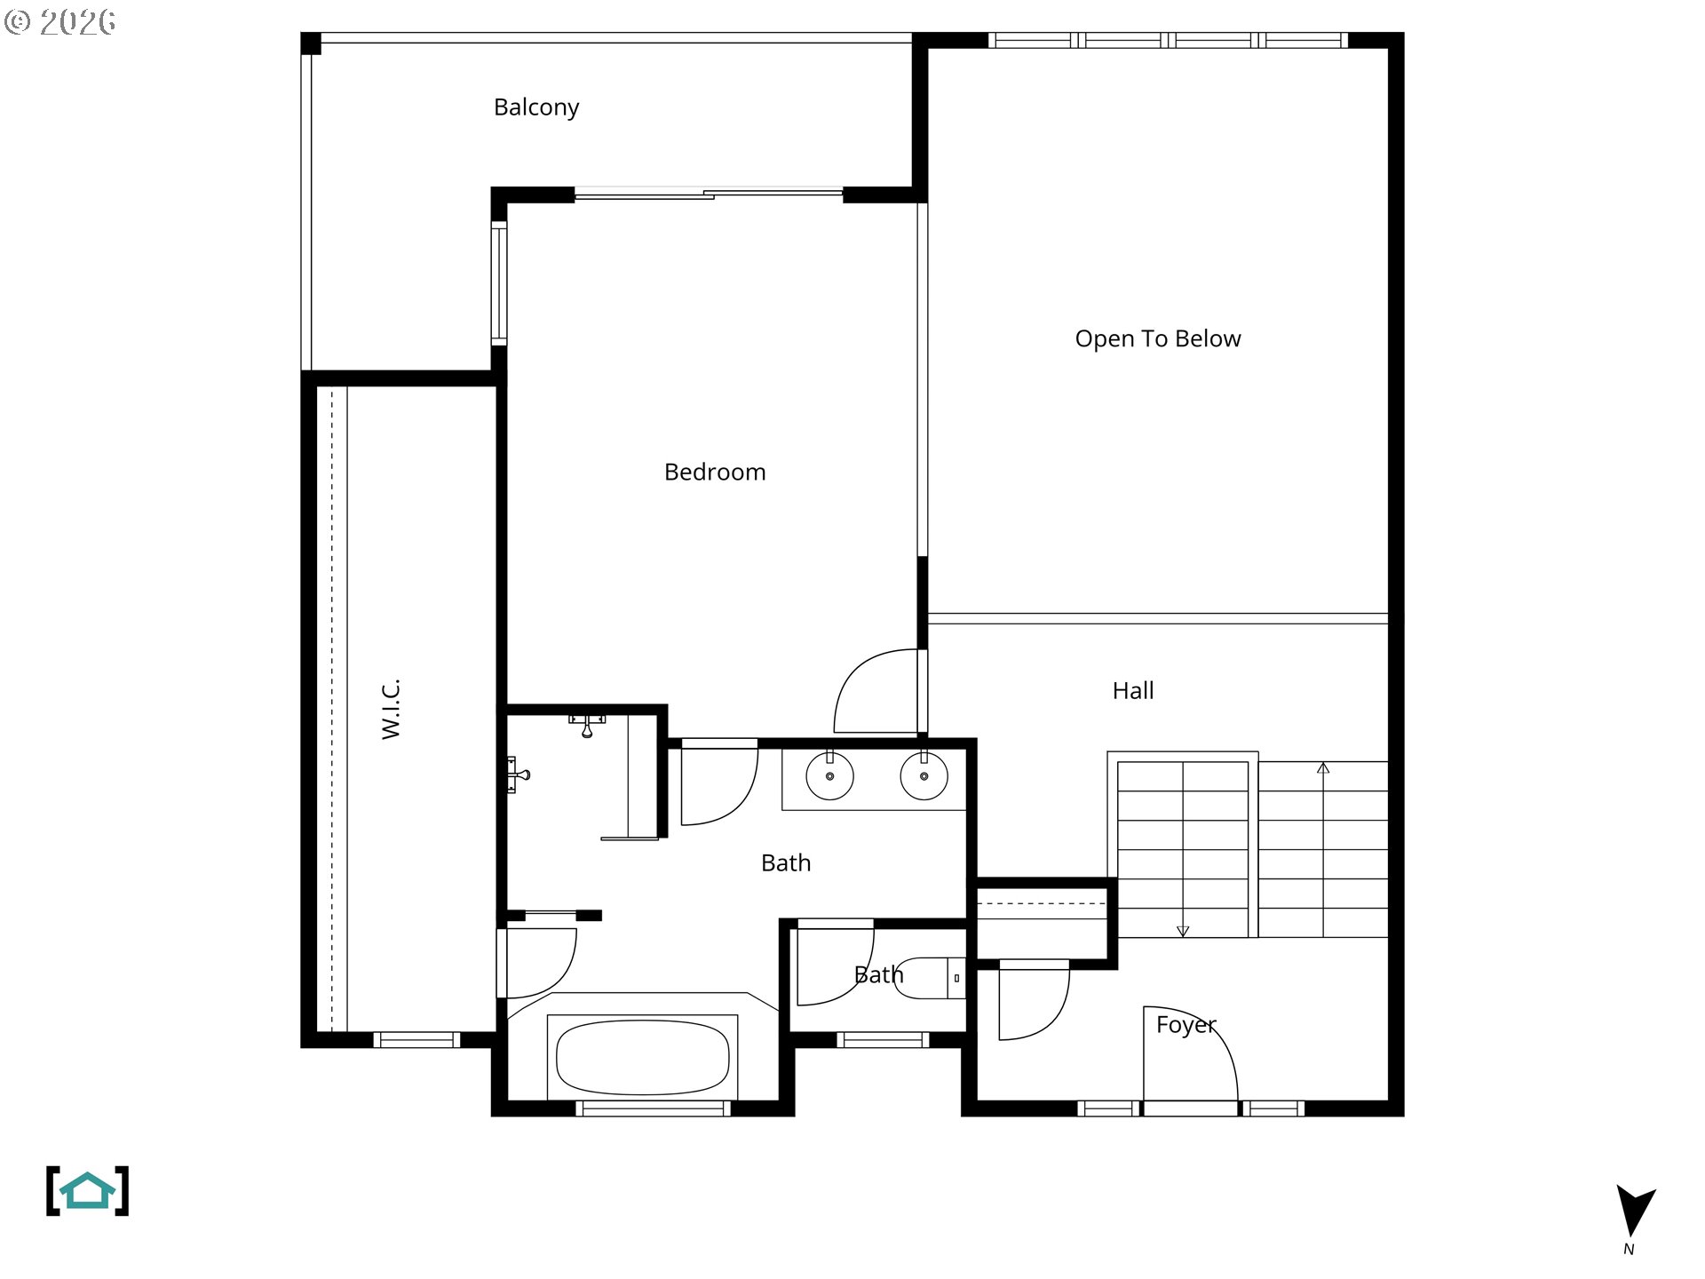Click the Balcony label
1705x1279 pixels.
point(536,107)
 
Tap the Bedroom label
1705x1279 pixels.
point(715,472)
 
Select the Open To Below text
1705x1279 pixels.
point(1157,338)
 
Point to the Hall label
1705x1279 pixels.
point(1133,690)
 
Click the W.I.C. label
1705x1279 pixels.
point(392,709)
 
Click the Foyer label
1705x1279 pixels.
point(1186,1024)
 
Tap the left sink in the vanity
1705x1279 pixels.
point(829,776)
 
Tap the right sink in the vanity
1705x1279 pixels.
point(924,776)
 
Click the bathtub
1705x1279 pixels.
point(642,1057)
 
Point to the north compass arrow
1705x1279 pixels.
point(1634,1211)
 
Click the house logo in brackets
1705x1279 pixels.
point(87,1191)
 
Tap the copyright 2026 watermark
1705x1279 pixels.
point(60,21)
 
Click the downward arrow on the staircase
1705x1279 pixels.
point(1183,931)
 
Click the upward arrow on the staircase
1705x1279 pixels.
point(1323,767)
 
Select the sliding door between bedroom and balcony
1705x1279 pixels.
point(709,194)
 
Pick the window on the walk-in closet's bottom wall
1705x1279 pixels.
point(416,1039)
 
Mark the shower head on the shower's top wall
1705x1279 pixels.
point(587,725)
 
